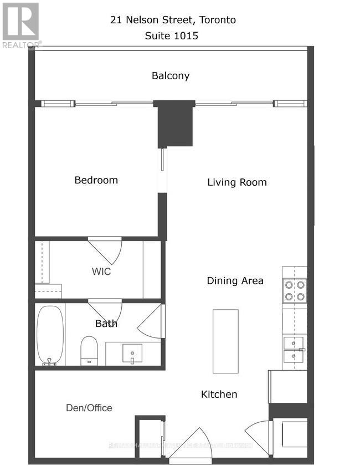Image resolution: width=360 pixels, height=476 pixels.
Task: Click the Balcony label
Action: coord(171,76)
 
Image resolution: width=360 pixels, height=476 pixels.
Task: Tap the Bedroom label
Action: coord(96,180)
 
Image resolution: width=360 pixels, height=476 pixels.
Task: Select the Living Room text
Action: coord(237,182)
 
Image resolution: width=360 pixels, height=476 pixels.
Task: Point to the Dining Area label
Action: coord(235,281)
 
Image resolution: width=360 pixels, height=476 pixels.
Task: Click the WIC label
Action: coord(101,272)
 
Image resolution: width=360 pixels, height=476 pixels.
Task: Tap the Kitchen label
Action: coord(219,395)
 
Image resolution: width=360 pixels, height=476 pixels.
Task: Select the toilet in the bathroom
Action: coord(89,350)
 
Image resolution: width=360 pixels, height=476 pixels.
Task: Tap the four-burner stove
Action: coord(295,290)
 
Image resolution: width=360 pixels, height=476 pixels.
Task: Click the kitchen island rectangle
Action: coord(226,341)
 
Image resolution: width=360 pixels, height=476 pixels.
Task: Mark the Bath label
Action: coord(106,324)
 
